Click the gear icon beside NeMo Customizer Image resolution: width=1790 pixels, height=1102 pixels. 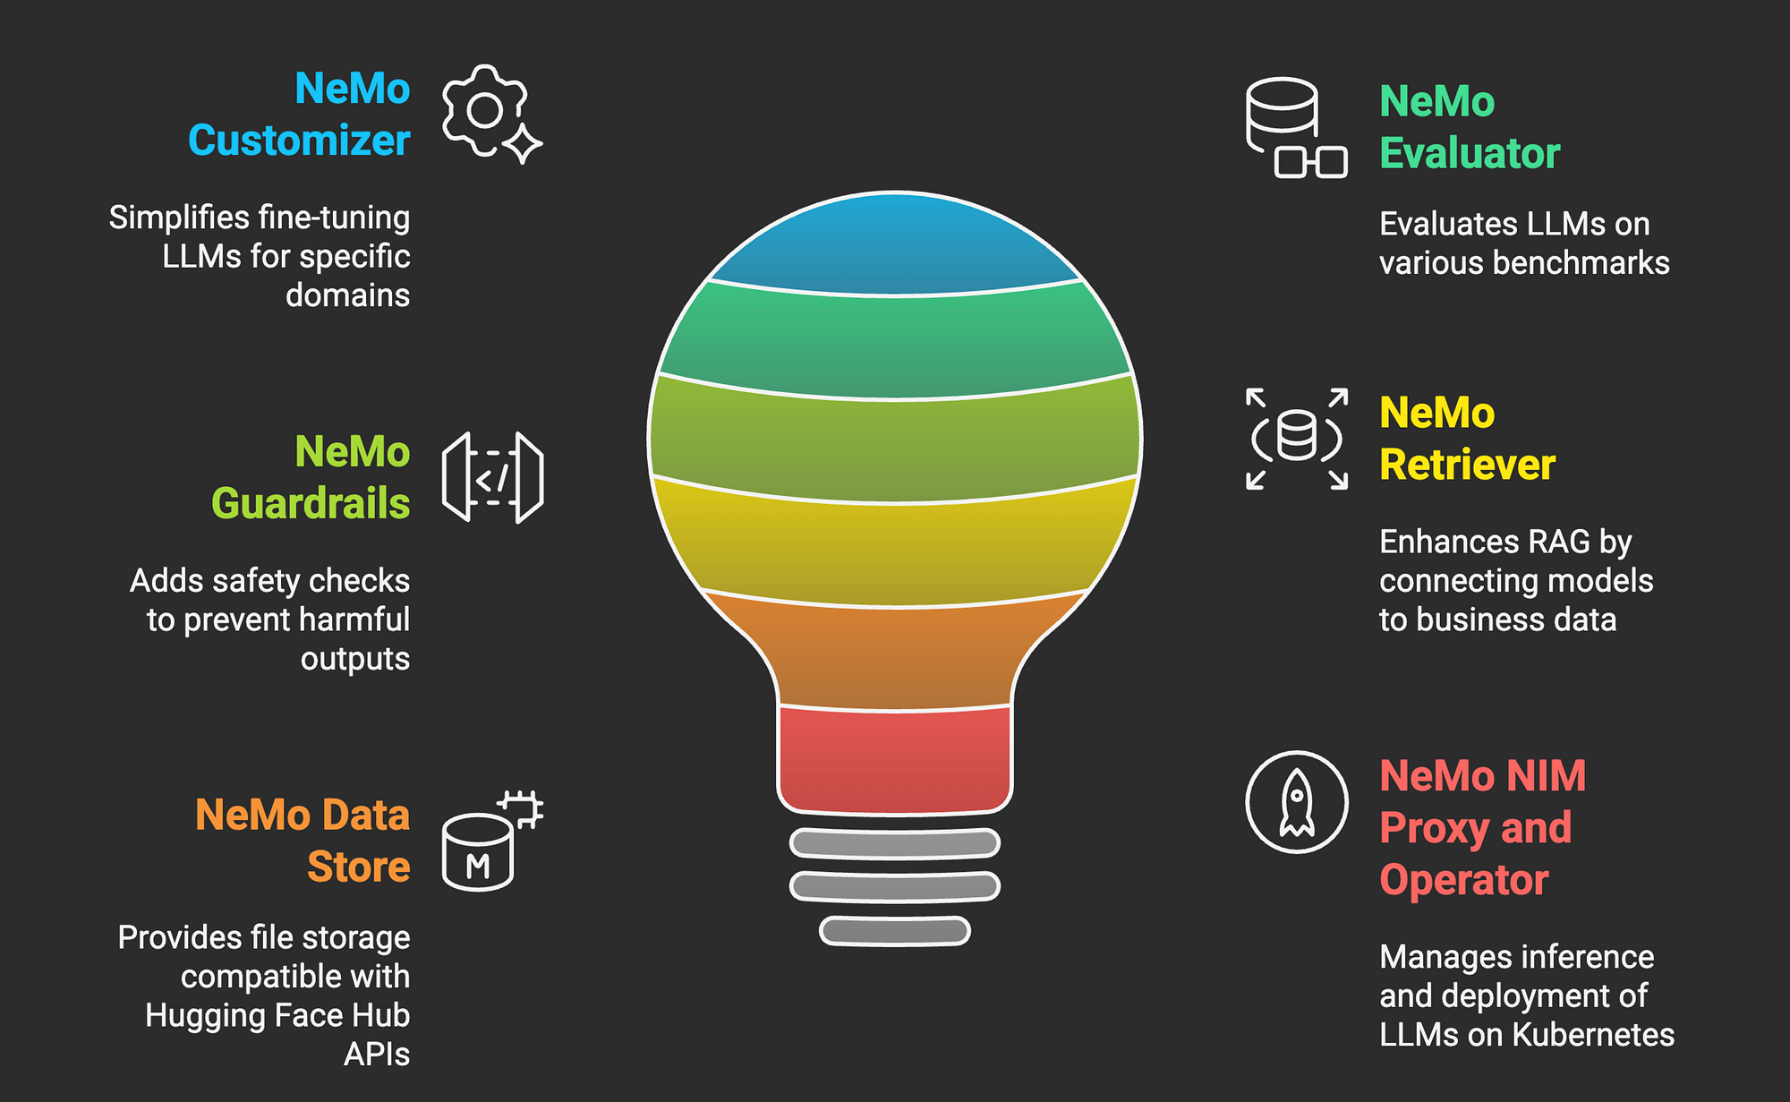484,110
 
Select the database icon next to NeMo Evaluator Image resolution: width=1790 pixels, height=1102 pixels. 1295,127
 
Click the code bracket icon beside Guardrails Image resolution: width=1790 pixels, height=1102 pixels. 492,477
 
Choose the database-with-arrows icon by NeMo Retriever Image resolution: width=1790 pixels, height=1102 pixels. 1296,439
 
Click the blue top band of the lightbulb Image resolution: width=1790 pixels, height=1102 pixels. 895,243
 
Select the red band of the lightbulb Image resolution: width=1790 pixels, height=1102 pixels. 895,759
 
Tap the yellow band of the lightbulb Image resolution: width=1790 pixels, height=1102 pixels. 895,542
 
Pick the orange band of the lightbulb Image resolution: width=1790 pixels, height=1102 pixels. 895,651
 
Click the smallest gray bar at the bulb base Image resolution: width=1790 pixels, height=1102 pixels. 895,931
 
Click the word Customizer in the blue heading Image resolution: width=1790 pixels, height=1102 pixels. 299,141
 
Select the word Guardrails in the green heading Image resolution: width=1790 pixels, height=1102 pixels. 311,504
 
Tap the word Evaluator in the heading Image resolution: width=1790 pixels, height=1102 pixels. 1470,153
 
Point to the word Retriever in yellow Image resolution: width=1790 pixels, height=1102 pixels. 1467,465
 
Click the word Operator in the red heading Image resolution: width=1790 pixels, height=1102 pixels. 1463,880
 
